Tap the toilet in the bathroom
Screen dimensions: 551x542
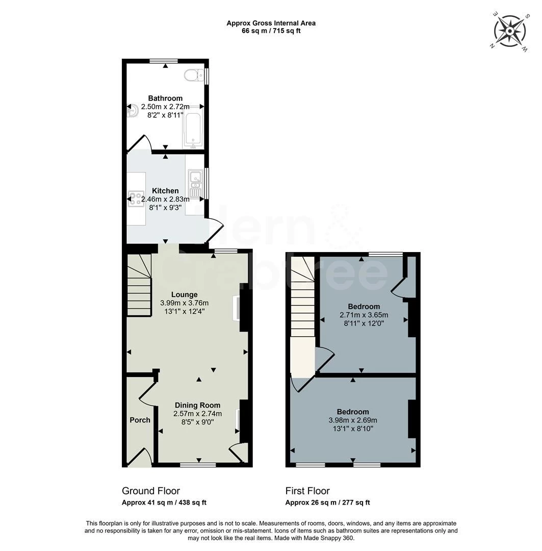192,76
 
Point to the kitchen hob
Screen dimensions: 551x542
136,198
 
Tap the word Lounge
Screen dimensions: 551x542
184,294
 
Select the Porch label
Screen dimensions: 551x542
140,420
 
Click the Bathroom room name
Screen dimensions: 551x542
165,98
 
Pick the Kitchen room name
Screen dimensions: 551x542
165,191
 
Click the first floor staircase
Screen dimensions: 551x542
302,301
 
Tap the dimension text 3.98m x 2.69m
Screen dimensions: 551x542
353,420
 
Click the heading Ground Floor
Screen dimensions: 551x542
150,491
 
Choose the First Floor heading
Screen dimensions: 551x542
307,491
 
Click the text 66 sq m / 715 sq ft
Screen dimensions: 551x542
271,31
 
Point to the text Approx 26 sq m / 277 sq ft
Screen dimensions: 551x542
327,503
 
